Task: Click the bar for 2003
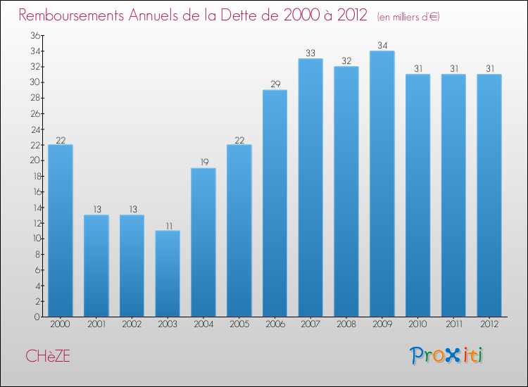pyautogui.click(x=168, y=274)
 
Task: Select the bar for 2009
pyautogui.click(x=382, y=184)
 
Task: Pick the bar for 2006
pyautogui.click(x=275, y=203)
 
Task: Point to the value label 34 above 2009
pyautogui.click(x=382, y=46)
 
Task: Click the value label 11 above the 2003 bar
pyautogui.click(x=168, y=225)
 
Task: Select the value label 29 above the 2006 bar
pyautogui.click(x=275, y=84)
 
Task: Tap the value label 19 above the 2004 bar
pyautogui.click(x=203, y=163)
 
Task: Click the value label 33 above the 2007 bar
pyautogui.click(x=310, y=53)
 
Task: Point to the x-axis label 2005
pyautogui.click(x=239, y=324)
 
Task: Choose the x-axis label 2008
pyautogui.click(x=346, y=324)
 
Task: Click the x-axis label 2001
pyautogui.click(x=96, y=324)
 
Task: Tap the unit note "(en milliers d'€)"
pyautogui.click(x=408, y=16)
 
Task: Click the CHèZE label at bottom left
pyautogui.click(x=48, y=356)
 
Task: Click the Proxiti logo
pyautogui.click(x=446, y=355)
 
